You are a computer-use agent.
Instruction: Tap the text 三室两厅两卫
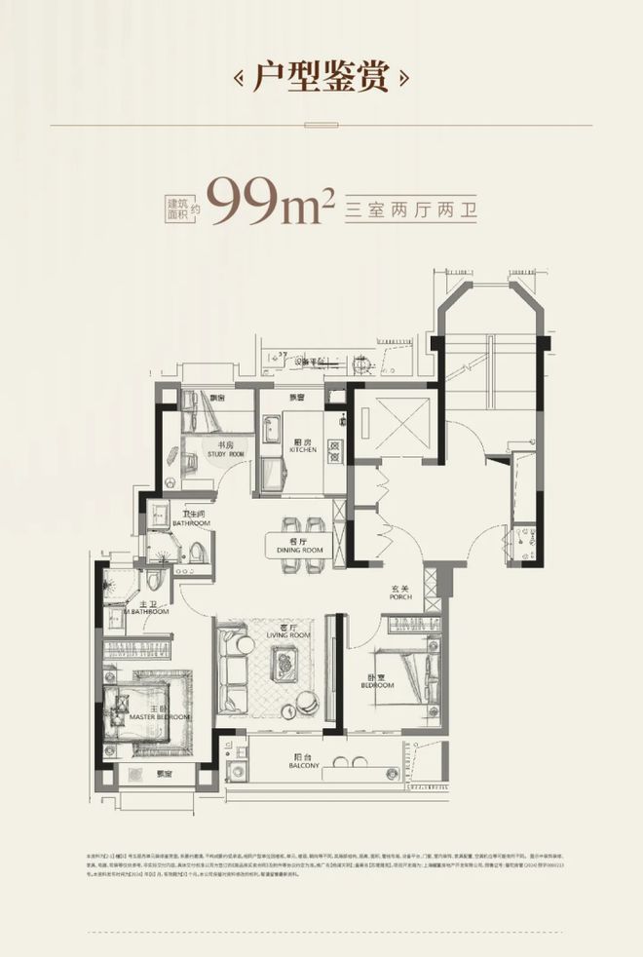414,207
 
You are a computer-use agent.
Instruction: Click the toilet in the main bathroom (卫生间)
199,552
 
